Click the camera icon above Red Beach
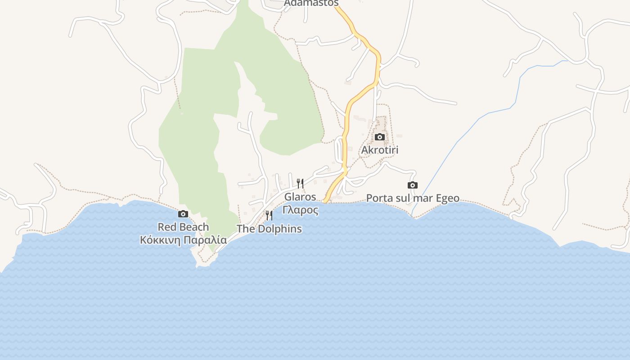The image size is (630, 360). [183, 214]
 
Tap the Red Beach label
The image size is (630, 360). [183, 227]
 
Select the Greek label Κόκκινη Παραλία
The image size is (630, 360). [183, 240]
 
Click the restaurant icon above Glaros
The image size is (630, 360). [300, 183]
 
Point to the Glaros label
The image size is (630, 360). [300, 197]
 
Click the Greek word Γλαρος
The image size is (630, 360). [300, 210]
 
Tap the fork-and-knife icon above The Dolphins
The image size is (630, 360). [269, 216]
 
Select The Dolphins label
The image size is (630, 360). [269, 229]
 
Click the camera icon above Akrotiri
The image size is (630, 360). [380, 137]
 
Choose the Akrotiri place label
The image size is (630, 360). [380, 150]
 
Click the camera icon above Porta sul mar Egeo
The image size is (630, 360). [412, 185]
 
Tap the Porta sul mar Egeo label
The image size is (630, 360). [413, 198]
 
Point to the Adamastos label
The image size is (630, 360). [311, 3]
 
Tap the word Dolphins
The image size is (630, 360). [279, 229]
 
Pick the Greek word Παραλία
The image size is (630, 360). [206, 240]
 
